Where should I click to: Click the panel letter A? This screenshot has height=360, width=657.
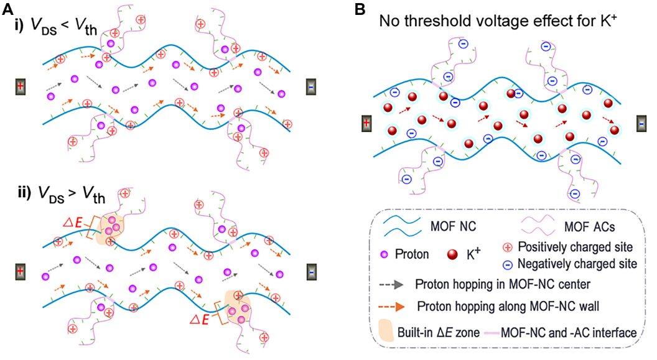click(8, 9)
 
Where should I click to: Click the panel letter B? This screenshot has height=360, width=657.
click(360, 9)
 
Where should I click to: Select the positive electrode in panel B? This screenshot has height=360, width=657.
click(366, 124)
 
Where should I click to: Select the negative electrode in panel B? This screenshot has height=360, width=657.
click(641, 124)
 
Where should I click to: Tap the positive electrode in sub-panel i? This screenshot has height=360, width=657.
click(21, 86)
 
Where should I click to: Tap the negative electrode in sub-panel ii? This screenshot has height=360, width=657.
click(311, 272)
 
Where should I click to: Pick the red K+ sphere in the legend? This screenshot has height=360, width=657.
click(452, 254)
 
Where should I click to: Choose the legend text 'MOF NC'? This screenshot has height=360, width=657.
click(453, 226)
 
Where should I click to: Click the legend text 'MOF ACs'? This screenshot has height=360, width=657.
click(590, 227)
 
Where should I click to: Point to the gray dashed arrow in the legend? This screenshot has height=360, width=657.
click(391, 285)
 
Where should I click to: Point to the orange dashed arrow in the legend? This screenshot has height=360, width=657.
click(392, 307)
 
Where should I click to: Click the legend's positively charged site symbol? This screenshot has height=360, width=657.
click(508, 247)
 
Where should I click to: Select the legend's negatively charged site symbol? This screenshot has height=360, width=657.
click(508, 264)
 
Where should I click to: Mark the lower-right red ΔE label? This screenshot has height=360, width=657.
click(200, 320)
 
